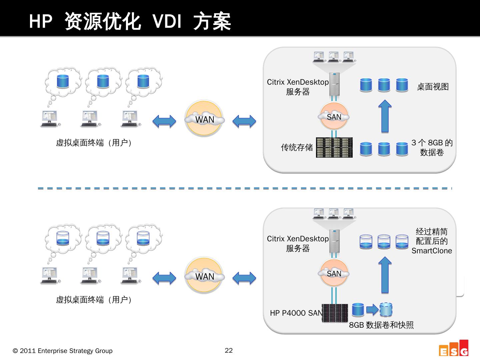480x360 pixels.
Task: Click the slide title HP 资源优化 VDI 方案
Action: [130, 22]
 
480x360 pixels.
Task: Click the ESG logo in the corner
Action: [454, 349]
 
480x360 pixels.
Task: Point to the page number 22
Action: [229, 350]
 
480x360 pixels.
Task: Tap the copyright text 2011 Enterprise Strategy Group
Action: [63, 351]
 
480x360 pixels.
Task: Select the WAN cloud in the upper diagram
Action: [204, 119]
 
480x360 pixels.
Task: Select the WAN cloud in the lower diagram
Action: [204, 276]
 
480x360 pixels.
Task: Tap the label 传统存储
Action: [297, 147]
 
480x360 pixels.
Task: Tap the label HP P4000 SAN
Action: [296, 313]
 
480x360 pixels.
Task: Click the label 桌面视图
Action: [433, 87]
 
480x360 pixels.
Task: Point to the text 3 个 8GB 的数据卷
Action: [432, 148]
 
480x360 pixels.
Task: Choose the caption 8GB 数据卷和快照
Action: [381, 325]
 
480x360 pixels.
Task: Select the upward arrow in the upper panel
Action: [385, 116]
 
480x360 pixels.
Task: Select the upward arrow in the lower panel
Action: [385, 275]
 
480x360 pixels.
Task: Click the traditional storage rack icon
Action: [334, 147]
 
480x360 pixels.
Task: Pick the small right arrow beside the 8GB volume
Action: [372, 310]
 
